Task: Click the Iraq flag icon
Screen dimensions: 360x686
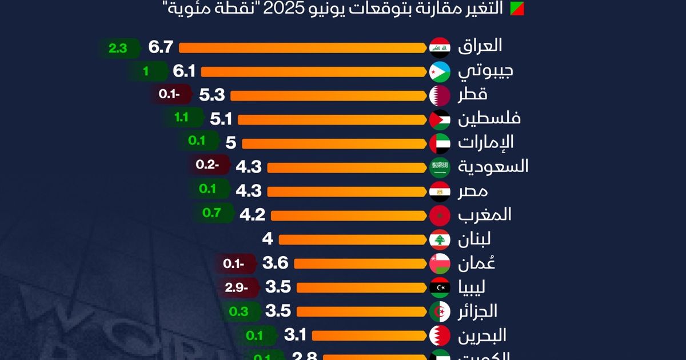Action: [440, 47]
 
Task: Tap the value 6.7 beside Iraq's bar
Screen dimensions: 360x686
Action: [161, 47]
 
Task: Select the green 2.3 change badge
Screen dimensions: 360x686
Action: [118, 49]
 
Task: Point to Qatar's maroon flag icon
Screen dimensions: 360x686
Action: [440, 95]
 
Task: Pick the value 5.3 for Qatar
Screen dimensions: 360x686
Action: [212, 95]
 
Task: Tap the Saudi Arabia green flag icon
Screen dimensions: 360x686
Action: [440, 167]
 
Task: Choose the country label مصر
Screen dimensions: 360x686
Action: [473, 191]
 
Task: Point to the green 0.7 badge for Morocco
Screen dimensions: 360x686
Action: [212, 213]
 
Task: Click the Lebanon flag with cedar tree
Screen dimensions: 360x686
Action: [440, 239]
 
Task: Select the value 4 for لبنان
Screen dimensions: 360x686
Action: [267, 239]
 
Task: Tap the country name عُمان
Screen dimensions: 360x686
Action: [477, 263]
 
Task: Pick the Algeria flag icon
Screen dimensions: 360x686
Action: [440, 311]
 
